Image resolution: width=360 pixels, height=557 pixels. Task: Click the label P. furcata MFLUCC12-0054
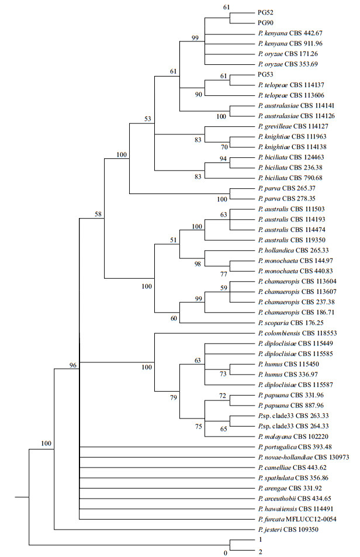click(x=299, y=520)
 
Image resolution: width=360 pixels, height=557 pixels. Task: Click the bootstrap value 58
click(x=99, y=215)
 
